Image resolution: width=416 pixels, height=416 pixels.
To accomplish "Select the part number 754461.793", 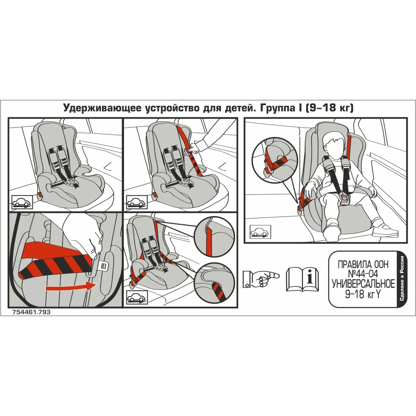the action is pyautogui.click(x=31, y=312).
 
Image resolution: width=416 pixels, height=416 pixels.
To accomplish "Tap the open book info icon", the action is pyautogui.click(x=302, y=279).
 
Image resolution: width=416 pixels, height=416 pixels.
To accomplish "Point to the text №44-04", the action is pyautogui.click(x=363, y=274).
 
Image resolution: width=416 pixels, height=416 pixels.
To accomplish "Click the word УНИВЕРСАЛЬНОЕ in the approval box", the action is pyautogui.click(x=363, y=284).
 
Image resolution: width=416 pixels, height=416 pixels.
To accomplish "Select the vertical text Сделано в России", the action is pyautogui.click(x=402, y=278).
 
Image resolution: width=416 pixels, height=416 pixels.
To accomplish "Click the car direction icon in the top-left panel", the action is pyautogui.click(x=22, y=202).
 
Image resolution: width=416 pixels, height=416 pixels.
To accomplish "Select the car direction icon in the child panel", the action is pyautogui.click(x=260, y=231).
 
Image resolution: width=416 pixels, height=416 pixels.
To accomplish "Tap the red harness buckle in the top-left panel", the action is pyautogui.click(x=72, y=181).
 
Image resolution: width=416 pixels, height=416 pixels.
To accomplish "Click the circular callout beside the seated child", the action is pyautogui.click(x=275, y=160).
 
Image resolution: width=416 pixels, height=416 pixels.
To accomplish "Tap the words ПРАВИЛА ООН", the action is pyautogui.click(x=363, y=264).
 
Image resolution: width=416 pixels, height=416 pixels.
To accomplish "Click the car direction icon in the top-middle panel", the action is pyautogui.click(x=137, y=202).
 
